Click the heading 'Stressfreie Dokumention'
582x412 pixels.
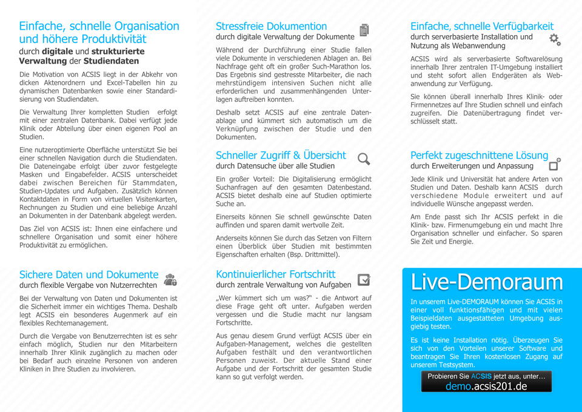[x=271, y=26]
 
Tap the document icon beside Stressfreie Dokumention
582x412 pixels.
[x=364, y=30]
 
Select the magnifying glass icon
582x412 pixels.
[x=364, y=159]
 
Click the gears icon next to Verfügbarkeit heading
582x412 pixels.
[x=555, y=40]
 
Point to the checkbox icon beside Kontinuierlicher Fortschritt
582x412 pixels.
[x=364, y=279]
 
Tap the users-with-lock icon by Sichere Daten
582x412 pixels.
[x=170, y=279]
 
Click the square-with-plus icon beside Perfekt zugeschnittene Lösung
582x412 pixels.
[x=555, y=164]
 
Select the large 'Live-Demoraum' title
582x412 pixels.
[x=487, y=282]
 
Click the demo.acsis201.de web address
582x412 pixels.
[x=486, y=387]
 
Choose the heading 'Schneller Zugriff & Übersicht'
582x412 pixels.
[x=281, y=155]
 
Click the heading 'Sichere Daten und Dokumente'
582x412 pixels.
[x=89, y=274]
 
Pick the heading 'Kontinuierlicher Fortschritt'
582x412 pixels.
[x=275, y=274]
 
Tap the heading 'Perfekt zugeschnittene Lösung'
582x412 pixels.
[x=479, y=155]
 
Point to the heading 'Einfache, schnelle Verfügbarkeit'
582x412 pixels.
[x=482, y=26]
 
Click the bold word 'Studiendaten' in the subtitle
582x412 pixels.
[x=112, y=61]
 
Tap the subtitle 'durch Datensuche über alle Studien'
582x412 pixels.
[x=275, y=166]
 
